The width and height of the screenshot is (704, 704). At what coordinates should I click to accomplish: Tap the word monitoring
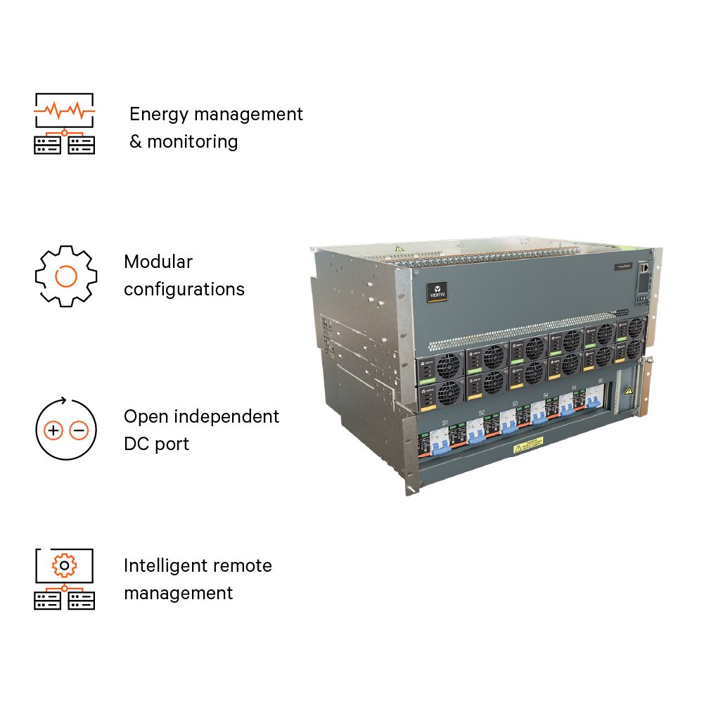pyautogui.click(x=193, y=142)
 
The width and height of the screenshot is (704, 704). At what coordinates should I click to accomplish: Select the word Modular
pyautogui.click(x=158, y=262)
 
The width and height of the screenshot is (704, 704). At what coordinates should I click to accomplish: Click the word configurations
pyautogui.click(x=184, y=289)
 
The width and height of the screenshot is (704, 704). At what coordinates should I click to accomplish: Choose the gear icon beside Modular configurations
pyautogui.click(x=65, y=276)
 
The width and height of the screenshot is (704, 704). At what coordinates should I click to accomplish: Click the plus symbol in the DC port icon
pyautogui.click(x=54, y=430)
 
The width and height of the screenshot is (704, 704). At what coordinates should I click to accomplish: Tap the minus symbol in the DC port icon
pyautogui.click(x=79, y=430)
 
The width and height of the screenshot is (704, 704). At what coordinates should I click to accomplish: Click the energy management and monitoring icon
pyautogui.click(x=65, y=123)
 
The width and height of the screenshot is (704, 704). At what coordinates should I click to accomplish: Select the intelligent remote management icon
pyautogui.click(x=65, y=579)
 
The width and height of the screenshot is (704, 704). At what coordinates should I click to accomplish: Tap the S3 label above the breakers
pyautogui.click(x=515, y=404)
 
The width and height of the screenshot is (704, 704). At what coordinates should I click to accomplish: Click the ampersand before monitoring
pyautogui.click(x=135, y=142)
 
